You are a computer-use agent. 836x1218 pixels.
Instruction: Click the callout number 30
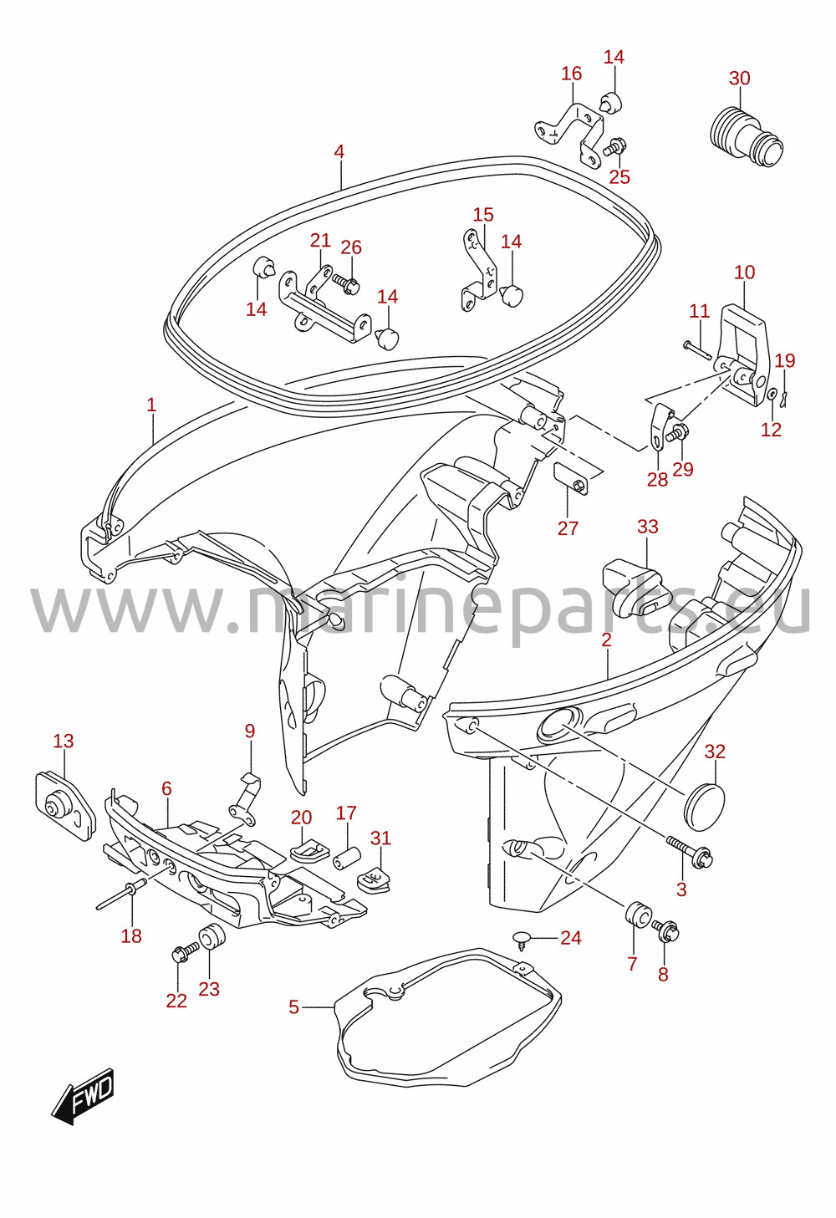click(x=739, y=79)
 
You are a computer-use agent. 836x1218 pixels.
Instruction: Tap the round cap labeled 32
click(x=706, y=806)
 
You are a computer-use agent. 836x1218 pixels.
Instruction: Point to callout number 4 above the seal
click(x=339, y=151)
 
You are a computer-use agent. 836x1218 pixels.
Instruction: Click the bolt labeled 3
click(x=689, y=854)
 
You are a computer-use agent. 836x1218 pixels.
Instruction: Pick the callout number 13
click(x=63, y=741)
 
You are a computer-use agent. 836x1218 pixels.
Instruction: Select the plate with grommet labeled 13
click(x=65, y=807)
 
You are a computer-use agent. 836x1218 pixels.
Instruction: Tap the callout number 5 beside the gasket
click(x=293, y=1007)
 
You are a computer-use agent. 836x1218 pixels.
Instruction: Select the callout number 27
click(x=568, y=527)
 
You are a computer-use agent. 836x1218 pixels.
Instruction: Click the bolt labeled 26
click(x=344, y=283)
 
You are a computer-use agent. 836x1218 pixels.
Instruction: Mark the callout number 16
click(x=571, y=74)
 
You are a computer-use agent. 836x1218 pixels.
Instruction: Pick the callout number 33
click(x=647, y=526)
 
